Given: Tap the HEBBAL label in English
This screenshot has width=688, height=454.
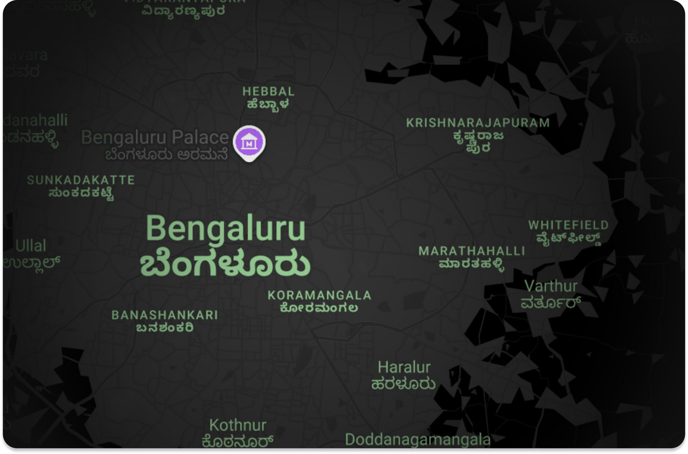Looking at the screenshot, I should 268,91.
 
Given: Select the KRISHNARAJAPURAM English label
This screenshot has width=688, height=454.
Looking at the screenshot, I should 478,123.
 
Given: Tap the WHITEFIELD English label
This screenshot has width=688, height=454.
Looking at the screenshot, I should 568,225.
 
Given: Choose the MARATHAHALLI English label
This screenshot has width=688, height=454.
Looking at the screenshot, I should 472,251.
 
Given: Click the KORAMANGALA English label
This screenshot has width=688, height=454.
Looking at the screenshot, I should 320,295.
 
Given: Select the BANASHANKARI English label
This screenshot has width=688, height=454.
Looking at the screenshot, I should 165,315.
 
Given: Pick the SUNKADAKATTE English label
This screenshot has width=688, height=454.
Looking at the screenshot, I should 81,180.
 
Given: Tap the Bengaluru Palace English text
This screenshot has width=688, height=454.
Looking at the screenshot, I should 155,137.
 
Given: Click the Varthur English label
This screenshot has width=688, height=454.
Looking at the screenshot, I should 551,286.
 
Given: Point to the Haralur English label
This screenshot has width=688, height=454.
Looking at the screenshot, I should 404,367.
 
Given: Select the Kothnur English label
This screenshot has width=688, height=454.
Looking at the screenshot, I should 238,425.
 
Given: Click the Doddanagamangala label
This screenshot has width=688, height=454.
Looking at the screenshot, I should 418,439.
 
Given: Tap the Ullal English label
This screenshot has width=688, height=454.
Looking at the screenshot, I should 31,246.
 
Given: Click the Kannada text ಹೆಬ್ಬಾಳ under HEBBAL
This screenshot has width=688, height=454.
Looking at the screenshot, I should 268,104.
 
